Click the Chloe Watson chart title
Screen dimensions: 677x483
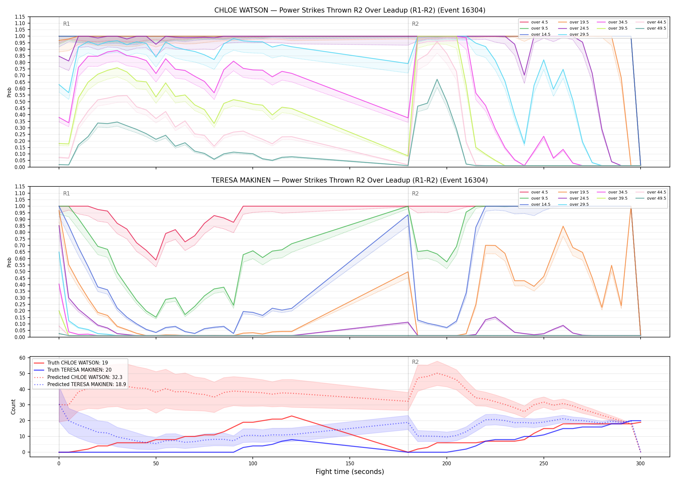tap(350, 10)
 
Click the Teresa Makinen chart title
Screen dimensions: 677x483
tap(350, 180)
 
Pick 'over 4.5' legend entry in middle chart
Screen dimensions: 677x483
tap(534, 192)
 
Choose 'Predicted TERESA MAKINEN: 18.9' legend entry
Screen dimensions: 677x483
tap(80, 384)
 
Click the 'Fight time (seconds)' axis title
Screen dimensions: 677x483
tap(350, 472)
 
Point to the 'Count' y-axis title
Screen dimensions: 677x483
tap(13, 407)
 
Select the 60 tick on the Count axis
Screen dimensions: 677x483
tap(22, 358)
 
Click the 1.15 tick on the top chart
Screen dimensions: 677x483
tap(20, 17)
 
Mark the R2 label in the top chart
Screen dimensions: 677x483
tap(415, 24)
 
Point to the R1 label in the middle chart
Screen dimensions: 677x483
tap(66, 194)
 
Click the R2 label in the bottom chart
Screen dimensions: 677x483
tap(415, 362)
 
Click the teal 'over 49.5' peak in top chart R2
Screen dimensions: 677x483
tap(437, 79)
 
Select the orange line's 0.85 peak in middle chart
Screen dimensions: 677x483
tap(563, 226)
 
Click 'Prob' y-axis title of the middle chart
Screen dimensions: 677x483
tap(9, 262)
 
